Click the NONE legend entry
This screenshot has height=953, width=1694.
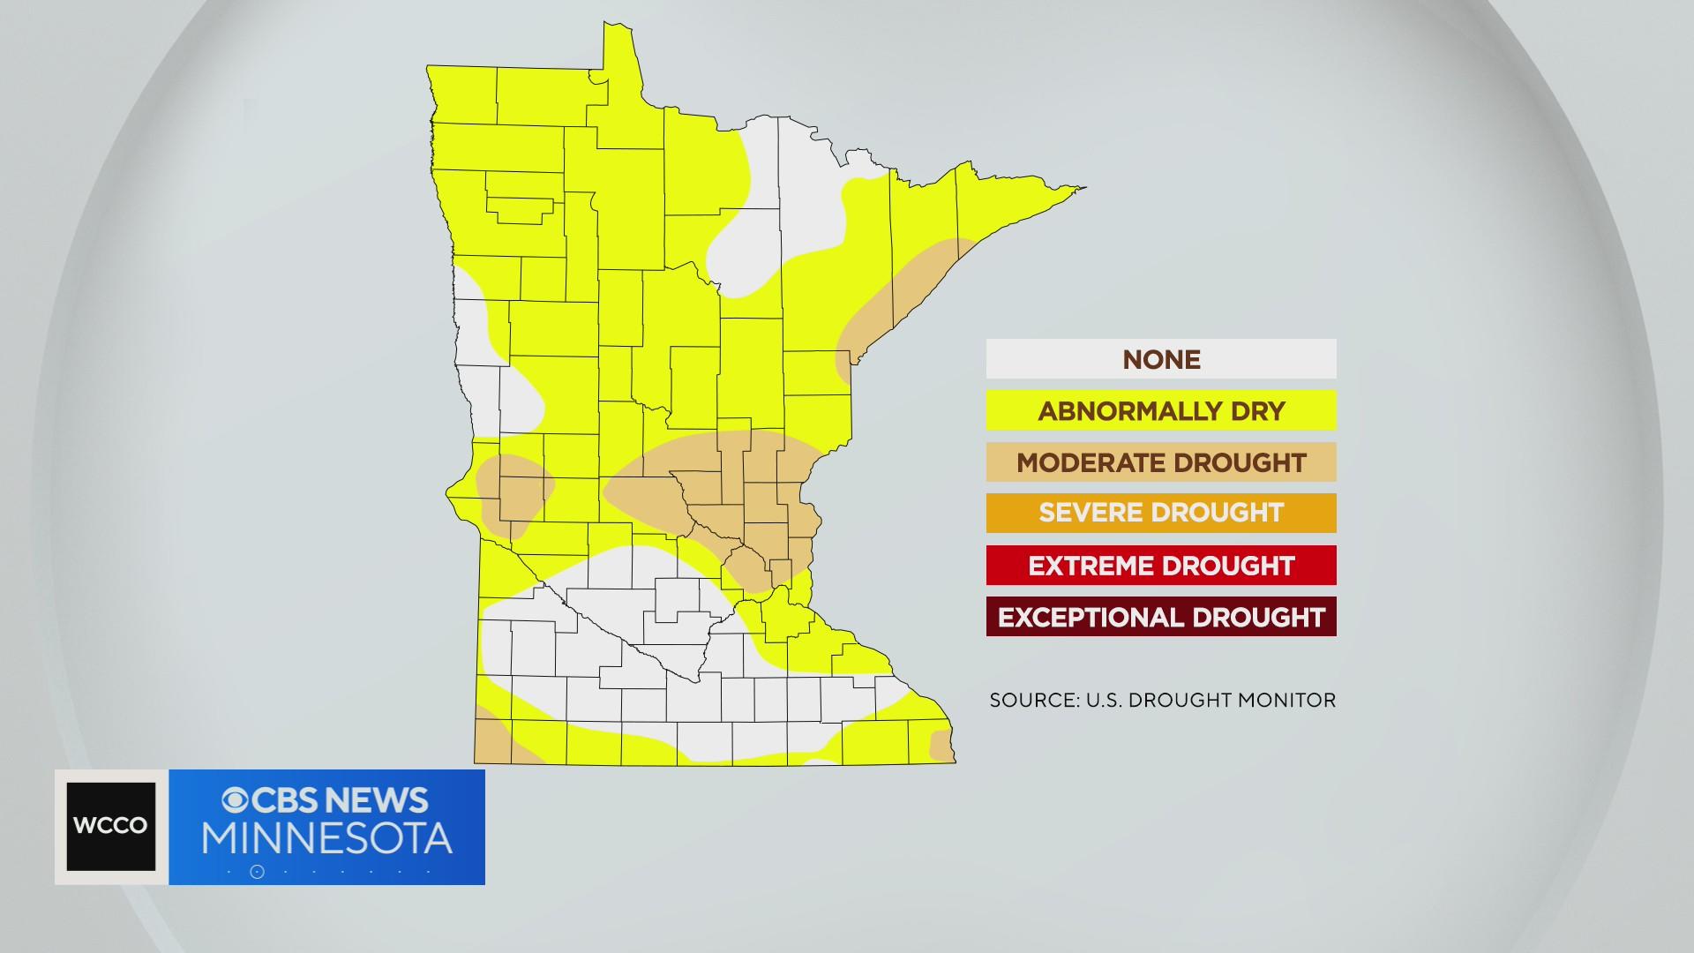1161,359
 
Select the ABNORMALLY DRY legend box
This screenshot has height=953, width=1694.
1161,410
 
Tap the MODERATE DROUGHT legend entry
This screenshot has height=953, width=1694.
1161,462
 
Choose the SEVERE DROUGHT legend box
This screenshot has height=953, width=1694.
1161,513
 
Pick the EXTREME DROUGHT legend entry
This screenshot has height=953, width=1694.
1161,565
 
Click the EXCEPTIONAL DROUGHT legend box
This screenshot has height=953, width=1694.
1161,616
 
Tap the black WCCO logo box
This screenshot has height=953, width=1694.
111,827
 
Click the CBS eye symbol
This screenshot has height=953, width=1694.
236,800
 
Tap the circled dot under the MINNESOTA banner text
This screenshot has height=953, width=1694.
257,872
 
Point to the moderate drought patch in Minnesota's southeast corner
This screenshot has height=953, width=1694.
941,744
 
